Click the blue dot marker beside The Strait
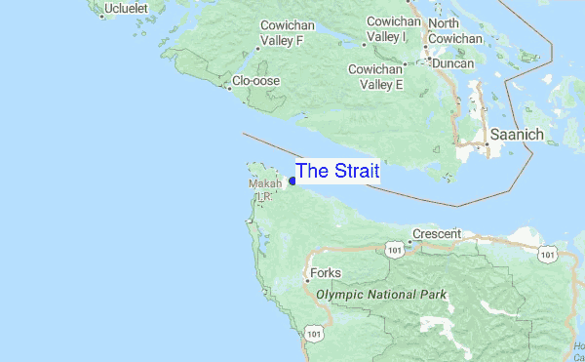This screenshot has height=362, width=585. [292, 181]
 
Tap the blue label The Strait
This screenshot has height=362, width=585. [337, 171]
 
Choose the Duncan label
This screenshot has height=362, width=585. [453, 63]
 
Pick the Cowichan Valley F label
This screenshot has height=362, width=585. [281, 34]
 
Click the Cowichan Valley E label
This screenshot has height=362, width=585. [376, 77]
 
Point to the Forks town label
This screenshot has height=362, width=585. [325, 274]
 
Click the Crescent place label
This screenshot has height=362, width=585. [436, 234]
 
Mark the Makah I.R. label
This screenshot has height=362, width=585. [264, 189]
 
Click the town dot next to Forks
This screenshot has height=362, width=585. [306, 281]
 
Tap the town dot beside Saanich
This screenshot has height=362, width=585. [487, 144]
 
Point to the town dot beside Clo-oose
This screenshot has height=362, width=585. [228, 87]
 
